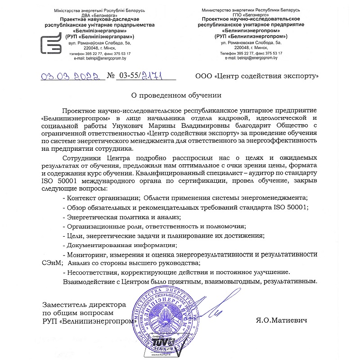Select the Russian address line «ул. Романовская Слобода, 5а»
(251, 42)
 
